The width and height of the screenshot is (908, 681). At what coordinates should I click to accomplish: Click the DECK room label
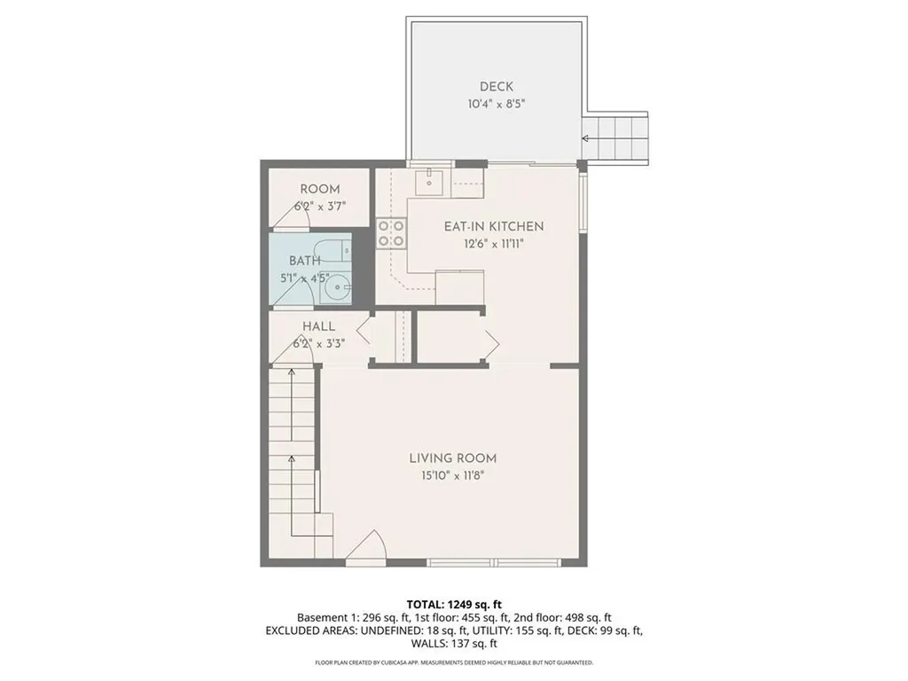click(497, 86)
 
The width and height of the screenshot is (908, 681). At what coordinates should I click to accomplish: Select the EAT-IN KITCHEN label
click(494, 226)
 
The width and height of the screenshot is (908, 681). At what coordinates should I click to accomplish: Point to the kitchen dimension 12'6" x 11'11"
click(494, 244)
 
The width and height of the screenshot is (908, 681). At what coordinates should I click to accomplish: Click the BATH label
click(305, 261)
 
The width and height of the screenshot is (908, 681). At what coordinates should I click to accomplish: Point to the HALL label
click(318, 326)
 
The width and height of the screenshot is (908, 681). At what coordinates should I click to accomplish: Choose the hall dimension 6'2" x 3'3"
click(318, 343)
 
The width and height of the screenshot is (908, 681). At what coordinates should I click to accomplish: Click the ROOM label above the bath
click(320, 189)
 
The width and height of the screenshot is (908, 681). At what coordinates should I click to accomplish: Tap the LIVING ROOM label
click(452, 458)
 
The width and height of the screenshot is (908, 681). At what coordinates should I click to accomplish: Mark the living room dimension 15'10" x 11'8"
click(452, 476)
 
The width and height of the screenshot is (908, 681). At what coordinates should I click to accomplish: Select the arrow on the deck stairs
click(586, 138)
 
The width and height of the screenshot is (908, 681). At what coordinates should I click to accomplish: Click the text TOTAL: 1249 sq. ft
click(454, 605)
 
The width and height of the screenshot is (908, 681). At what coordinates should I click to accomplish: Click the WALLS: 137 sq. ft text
click(454, 645)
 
